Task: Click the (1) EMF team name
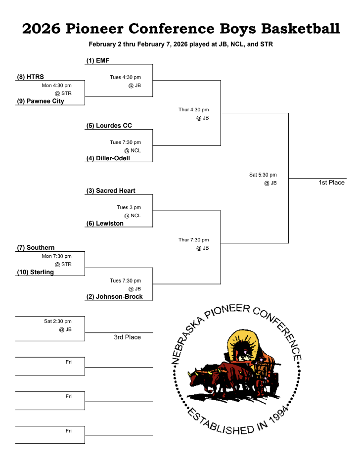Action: coord(97,60)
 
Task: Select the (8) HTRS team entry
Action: coord(30,77)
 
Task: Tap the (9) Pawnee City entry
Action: coord(41,101)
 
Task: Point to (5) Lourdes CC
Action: coord(109,126)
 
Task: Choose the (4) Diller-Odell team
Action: coord(108,158)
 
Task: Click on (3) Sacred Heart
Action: coord(110,190)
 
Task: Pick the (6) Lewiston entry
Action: coord(104,223)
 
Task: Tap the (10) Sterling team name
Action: coord(35,272)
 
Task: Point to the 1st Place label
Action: coord(331,183)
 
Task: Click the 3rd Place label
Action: coord(127,337)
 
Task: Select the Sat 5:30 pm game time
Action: coord(263,175)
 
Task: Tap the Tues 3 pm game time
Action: coord(129,207)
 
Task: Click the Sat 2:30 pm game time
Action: coord(57,321)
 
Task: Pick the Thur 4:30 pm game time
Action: coord(193,109)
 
